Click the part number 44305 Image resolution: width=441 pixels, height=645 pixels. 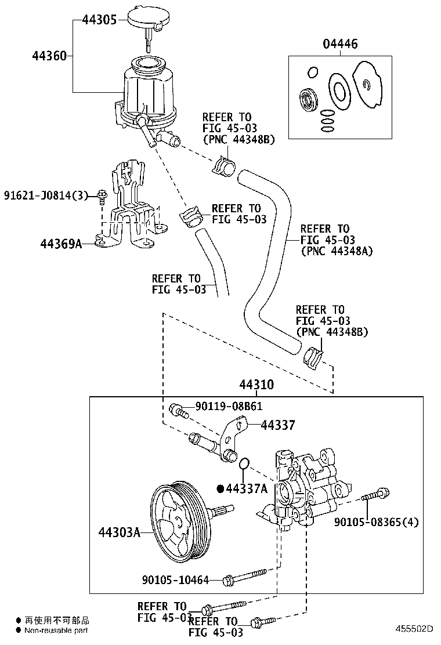99,20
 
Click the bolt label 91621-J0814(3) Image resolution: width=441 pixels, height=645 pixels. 46,195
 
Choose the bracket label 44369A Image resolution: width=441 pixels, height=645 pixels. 61,244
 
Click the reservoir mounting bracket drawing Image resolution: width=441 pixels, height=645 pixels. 131,209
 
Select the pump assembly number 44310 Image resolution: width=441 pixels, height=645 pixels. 256,385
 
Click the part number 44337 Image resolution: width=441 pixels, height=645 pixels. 277,426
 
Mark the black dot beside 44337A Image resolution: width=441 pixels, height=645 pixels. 220,488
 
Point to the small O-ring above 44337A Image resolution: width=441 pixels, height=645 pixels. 244,463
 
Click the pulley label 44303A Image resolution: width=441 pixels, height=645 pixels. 119,532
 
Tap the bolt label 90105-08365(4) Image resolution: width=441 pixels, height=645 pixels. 376,522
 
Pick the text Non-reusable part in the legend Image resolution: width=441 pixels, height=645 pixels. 56,630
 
